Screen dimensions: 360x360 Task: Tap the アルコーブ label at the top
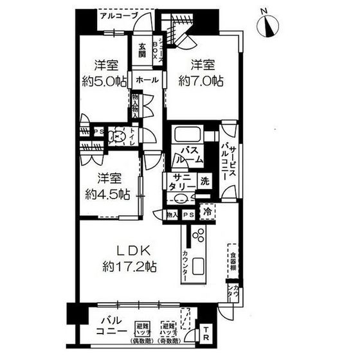pyautogui.click(x=118, y=14)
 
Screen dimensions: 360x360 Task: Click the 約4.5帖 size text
pyautogui.click(x=106, y=192)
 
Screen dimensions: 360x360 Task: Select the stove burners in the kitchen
pyautogui.click(x=199, y=235)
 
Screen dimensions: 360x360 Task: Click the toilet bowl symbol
pyautogui.click(x=118, y=136)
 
